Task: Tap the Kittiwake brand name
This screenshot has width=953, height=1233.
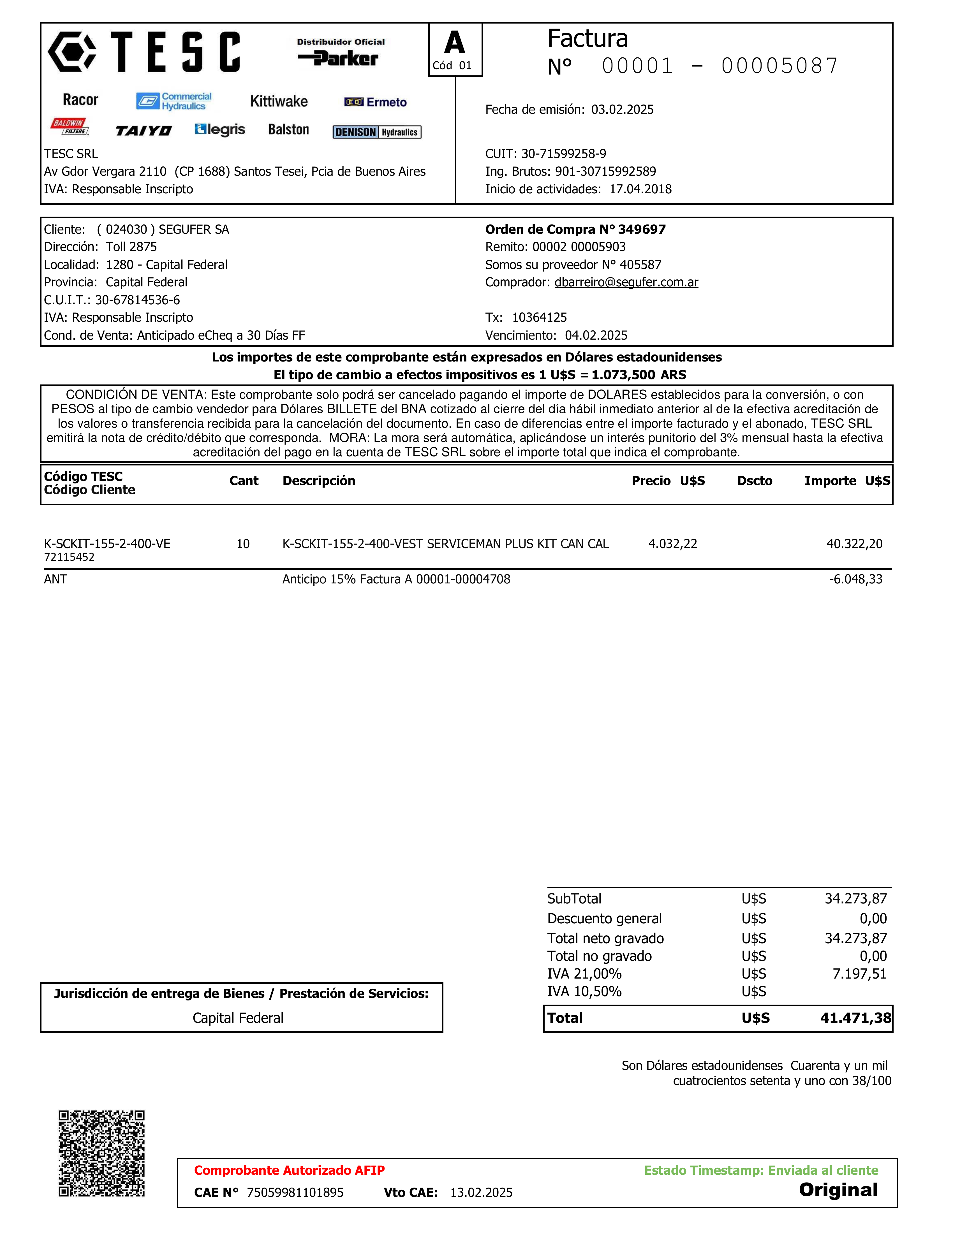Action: pos(279,102)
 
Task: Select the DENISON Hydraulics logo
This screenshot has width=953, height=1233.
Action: pos(376,132)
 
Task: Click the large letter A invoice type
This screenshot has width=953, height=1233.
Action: pos(454,43)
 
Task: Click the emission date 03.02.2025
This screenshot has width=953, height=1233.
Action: pos(622,110)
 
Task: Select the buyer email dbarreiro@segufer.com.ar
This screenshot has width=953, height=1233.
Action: pos(626,282)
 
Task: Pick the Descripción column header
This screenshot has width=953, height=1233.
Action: pos(319,481)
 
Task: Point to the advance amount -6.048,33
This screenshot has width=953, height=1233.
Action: pos(855,579)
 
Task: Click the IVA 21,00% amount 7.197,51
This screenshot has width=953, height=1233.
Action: pos(859,974)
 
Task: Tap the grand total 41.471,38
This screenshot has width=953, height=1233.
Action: pos(855,1018)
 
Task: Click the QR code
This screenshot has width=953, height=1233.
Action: pos(102,1153)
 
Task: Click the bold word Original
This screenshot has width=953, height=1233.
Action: pos(838,1190)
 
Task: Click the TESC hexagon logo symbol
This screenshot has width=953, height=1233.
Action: pos(72,52)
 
